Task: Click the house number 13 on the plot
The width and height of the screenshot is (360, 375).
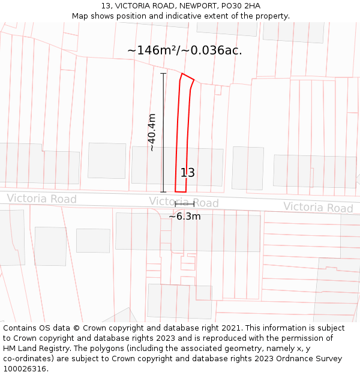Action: point(188,173)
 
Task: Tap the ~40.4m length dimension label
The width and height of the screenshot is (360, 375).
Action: point(152,132)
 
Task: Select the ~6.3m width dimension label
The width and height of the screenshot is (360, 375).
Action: point(185,217)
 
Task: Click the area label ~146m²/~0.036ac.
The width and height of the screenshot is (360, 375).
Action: point(185,50)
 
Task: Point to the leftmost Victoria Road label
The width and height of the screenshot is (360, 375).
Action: point(41,199)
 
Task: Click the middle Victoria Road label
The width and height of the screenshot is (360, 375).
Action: point(184,203)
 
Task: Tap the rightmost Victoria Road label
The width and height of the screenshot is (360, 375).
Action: point(318,208)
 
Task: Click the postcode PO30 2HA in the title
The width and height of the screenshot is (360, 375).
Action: point(240,5)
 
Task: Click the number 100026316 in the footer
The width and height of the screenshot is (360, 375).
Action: point(24,369)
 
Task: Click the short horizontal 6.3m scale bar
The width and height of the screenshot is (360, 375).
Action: point(185,205)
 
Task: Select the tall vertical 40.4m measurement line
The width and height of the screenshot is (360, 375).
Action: point(163,133)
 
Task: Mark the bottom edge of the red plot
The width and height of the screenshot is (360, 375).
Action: point(181,192)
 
